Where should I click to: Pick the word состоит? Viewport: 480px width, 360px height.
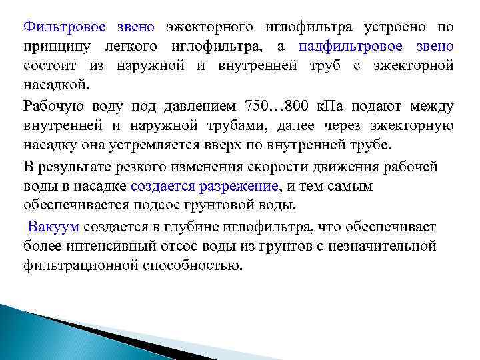pyautogui.click(x=49, y=67)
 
